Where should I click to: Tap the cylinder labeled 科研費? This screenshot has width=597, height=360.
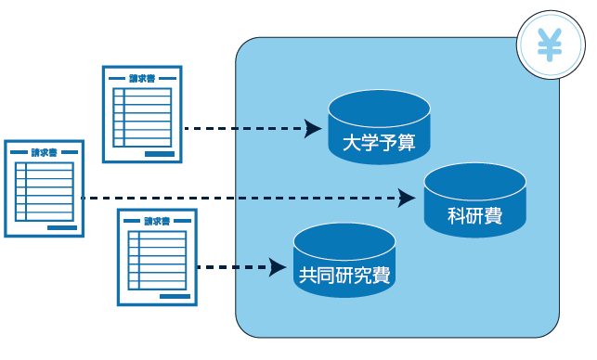474,200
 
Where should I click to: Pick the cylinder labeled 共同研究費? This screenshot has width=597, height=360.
344,259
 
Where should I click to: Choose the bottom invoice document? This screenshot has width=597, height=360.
157,257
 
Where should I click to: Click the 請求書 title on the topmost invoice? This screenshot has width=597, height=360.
141,78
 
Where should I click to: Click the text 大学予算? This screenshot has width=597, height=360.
379,144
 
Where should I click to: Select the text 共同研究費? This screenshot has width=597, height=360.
344,275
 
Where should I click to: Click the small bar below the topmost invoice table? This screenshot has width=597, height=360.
159,152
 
